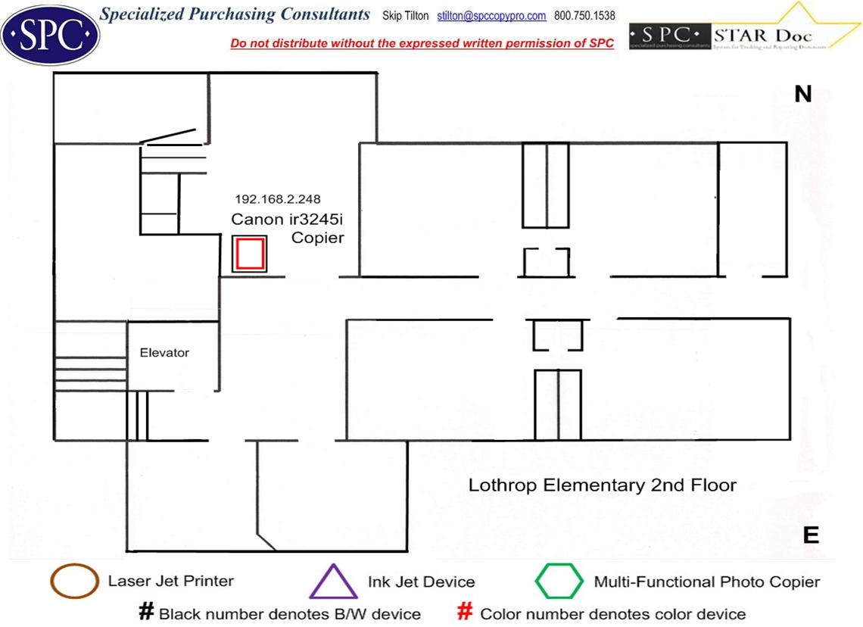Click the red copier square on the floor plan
(x=249, y=254)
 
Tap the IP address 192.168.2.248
(x=278, y=200)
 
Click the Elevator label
(x=164, y=353)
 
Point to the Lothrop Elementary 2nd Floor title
(x=602, y=485)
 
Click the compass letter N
(x=802, y=94)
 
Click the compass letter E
(x=811, y=535)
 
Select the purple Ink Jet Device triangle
(x=333, y=582)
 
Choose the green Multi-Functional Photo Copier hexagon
(x=559, y=582)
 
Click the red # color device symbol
(x=466, y=613)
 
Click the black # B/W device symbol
(x=146, y=613)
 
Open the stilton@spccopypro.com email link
(x=491, y=16)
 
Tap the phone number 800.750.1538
(x=584, y=16)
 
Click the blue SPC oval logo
(x=50, y=33)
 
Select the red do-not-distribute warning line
(x=422, y=43)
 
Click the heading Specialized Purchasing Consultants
(x=235, y=14)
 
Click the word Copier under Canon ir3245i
(x=318, y=238)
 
